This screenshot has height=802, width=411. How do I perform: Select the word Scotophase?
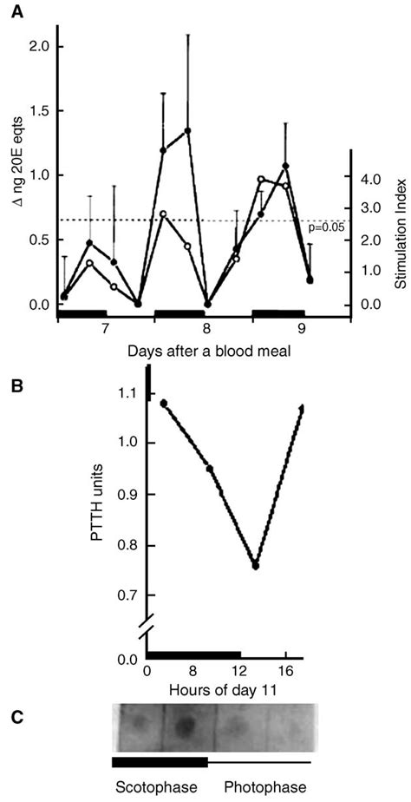(153, 787)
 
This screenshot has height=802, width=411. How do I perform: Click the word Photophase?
(264, 787)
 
